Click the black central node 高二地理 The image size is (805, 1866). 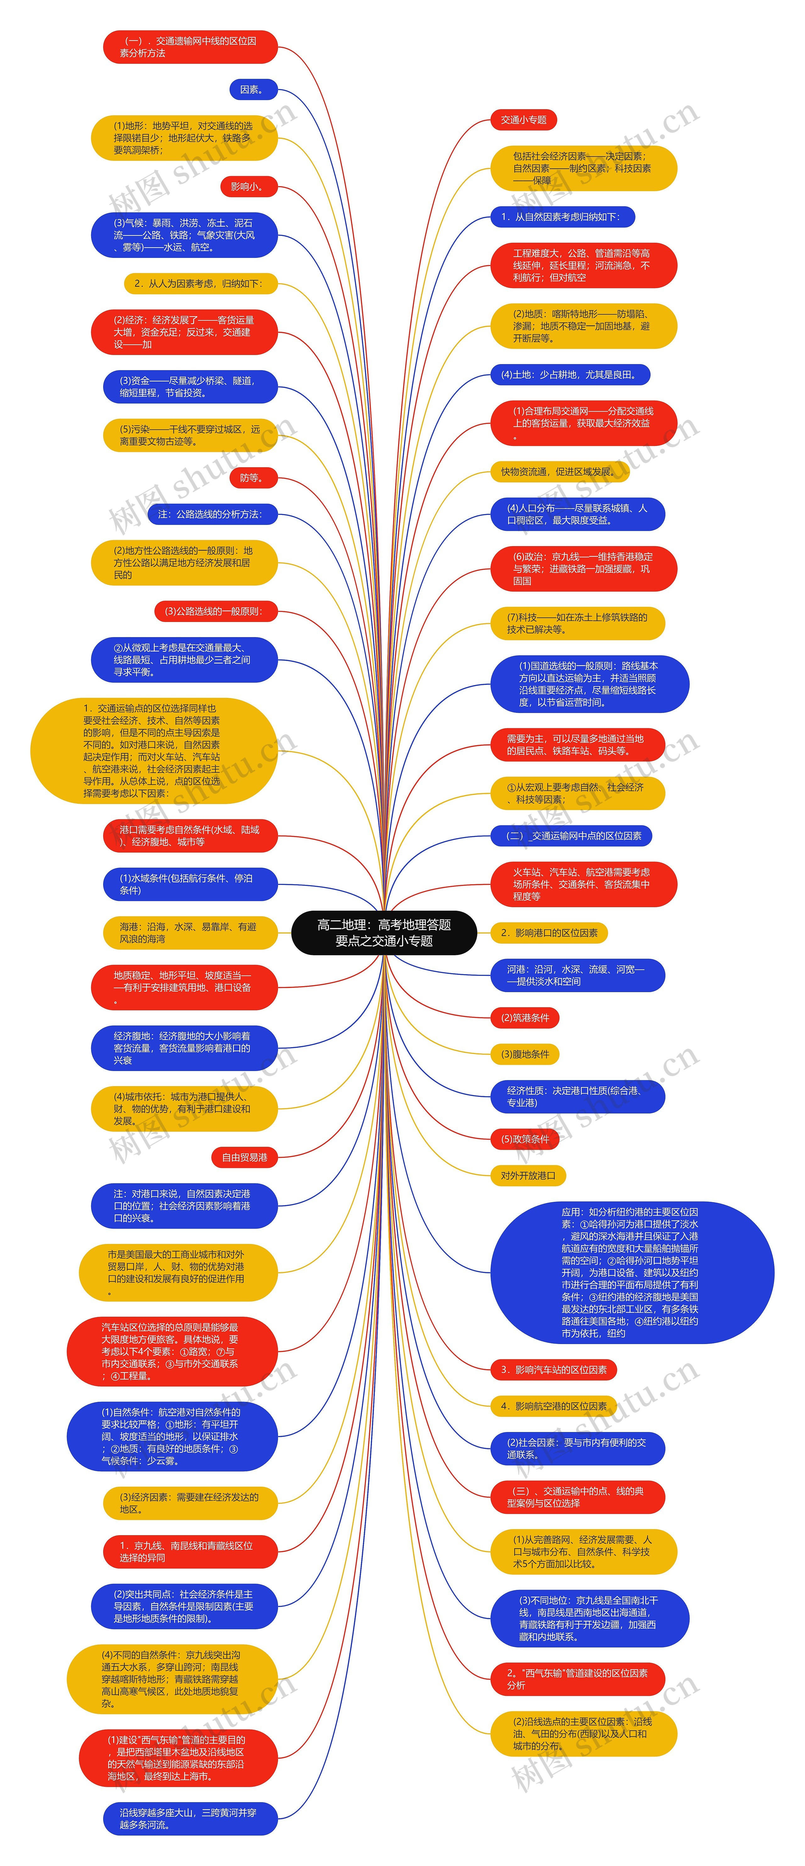[384, 932]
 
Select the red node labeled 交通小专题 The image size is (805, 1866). [523, 119]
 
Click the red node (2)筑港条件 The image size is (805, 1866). [525, 1018]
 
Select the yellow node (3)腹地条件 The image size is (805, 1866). [525, 1054]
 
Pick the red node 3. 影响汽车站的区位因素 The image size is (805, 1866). [553, 1370]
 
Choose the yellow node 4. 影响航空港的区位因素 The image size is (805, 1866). [553, 1406]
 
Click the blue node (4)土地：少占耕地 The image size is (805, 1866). [569, 375]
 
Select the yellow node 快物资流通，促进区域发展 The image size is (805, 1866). [559, 472]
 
